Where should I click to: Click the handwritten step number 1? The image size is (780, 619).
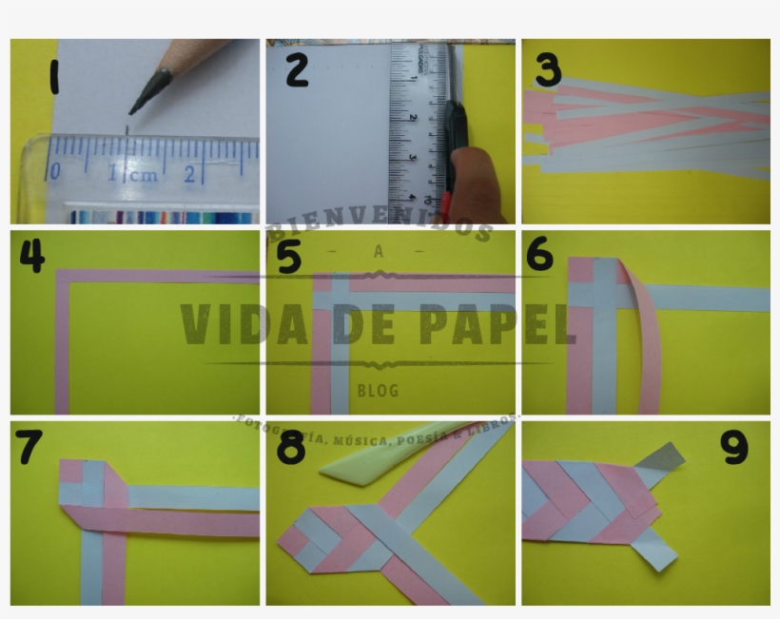(x=53, y=77)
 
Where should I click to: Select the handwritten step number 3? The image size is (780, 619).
(x=548, y=69)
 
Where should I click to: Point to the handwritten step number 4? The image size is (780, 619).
(x=31, y=254)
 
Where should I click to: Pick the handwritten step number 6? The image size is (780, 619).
(x=539, y=254)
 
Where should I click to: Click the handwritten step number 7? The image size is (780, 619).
(x=29, y=447)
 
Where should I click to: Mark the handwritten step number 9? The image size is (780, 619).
(x=735, y=448)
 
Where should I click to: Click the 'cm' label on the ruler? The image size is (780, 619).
(x=145, y=175)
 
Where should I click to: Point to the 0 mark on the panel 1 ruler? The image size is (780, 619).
(x=55, y=172)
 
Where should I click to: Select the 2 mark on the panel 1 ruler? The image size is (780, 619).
(x=189, y=174)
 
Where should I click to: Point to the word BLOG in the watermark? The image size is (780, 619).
(x=378, y=391)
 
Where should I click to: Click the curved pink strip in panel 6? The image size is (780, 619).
(x=647, y=342)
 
